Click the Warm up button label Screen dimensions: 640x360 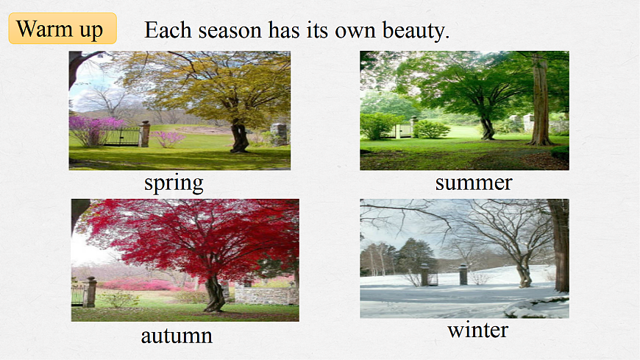pos(60,29)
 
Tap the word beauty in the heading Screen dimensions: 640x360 pos(416,31)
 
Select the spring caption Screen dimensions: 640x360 pos(174,183)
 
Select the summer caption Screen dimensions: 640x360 pos(474,183)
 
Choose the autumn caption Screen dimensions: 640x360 pos(177,336)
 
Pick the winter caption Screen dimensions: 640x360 pos(477,330)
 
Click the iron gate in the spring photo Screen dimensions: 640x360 pos(120,137)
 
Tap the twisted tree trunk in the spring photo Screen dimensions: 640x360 pos(239,137)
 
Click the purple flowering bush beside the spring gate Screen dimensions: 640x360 pos(95,130)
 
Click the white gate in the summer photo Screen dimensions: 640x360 pos(402,131)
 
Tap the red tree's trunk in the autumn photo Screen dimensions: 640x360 pos(214,293)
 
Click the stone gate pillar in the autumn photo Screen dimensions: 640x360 pos(90,292)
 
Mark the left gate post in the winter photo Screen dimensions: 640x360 pos(424,275)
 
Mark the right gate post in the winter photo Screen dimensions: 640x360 pos(463,275)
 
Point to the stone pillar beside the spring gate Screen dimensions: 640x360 pos(144,134)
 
